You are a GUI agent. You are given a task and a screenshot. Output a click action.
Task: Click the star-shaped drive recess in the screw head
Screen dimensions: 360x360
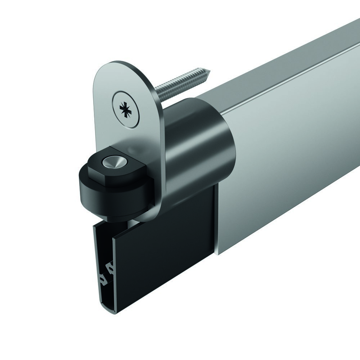[x=125, y=107]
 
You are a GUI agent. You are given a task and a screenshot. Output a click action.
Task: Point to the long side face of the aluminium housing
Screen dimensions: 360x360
[x=288, y=162]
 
